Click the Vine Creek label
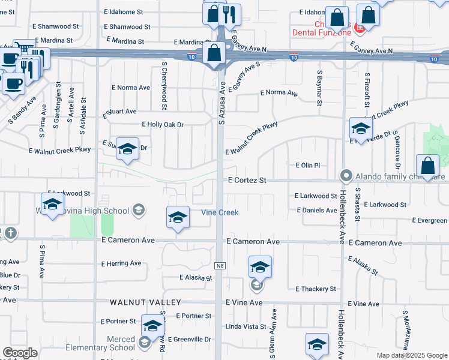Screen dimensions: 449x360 pos(219,212)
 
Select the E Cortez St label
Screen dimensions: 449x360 pos(247,179)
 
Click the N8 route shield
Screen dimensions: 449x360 pos(220,265)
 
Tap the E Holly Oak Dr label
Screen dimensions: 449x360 pos(162,124)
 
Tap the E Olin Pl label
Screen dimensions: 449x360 pos(309,165)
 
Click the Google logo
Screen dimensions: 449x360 pos(20,353)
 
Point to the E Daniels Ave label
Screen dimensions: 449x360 pos(317,211)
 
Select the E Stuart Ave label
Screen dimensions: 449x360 pos(120,112)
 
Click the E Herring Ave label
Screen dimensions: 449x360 pos(121,263)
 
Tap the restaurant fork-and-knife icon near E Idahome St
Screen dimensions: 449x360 pos(231,14)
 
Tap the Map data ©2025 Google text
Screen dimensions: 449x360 pos(411,355)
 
